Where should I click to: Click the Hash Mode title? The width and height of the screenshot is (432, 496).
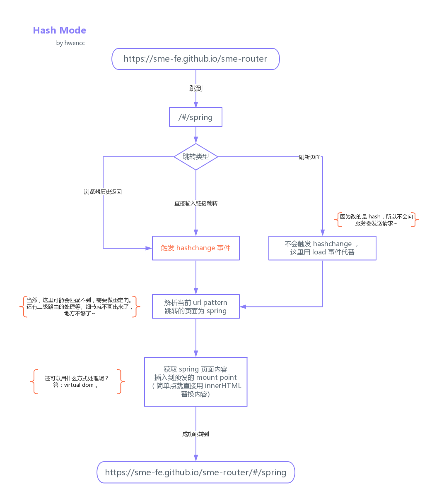tap(60, 31)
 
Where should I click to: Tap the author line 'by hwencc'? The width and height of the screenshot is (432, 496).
tap(70, 43)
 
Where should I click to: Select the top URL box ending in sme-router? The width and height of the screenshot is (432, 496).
tap(195, 59)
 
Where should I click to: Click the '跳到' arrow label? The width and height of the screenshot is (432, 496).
tap(195, 89)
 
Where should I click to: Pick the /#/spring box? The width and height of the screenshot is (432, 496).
tap(195, 117)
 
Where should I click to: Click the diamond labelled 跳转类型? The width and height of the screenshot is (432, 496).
tap(195, 157)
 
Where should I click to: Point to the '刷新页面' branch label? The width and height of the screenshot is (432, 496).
tap(309, 157)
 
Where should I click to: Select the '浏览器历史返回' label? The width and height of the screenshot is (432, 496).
tap(103, 192)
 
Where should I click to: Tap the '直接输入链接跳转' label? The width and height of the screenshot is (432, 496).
tap(195, 204)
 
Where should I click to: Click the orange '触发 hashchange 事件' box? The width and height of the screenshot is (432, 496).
tap(195, 248)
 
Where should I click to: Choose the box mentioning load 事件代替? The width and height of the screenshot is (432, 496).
tap(322, 248)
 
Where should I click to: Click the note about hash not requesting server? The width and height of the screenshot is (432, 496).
tap(376, 220)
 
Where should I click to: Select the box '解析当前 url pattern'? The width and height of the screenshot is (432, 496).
tap(195, 307)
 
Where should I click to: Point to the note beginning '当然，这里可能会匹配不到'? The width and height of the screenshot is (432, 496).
tap(80, 307)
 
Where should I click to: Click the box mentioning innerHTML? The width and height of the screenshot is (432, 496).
tap(195, 382)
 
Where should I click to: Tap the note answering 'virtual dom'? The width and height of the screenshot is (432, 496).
tap(77, 381)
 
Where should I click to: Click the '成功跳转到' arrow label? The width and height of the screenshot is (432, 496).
tap(195, 434)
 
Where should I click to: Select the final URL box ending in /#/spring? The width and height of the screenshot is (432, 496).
tap(195, 472)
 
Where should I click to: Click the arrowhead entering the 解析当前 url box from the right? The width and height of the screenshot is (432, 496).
tap(243, 307)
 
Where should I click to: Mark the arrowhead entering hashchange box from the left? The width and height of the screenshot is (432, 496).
tap(149, 248)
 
